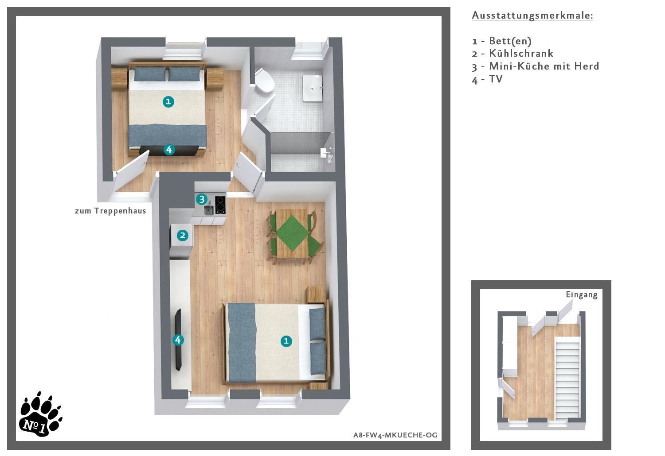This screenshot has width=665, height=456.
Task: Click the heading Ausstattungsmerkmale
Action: (532, 15)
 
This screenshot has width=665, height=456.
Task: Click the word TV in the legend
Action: (496, 79)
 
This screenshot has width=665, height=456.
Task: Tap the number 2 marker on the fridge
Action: (183, 236)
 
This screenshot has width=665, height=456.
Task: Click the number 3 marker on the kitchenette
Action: (202, 199)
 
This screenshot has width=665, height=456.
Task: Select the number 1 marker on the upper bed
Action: (168, 102)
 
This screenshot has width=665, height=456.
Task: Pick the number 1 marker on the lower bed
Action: (286, 341)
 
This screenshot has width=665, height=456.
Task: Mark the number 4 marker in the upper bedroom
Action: (169, 150)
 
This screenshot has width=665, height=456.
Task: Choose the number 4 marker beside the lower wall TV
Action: (178, 340)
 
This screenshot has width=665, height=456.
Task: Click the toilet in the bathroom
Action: (264, 81)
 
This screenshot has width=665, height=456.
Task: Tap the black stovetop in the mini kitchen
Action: (220, 205)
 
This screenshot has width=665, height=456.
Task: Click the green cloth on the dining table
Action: (292, 233)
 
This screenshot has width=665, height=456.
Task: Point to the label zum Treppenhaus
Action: (110, 211)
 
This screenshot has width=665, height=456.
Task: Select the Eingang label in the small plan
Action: (582, 295)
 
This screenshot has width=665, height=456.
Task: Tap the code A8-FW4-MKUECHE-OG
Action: (395, 435)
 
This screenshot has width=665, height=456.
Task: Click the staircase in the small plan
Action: (567, 378)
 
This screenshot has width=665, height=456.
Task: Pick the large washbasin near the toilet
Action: (312, 88)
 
